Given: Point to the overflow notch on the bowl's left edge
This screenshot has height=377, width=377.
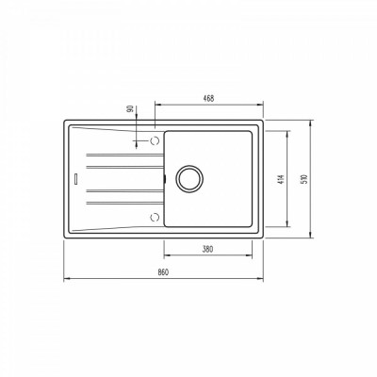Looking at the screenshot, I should click(x=164, y=176).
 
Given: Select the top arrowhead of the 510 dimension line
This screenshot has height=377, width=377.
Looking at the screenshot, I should click(x=311, y=122).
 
